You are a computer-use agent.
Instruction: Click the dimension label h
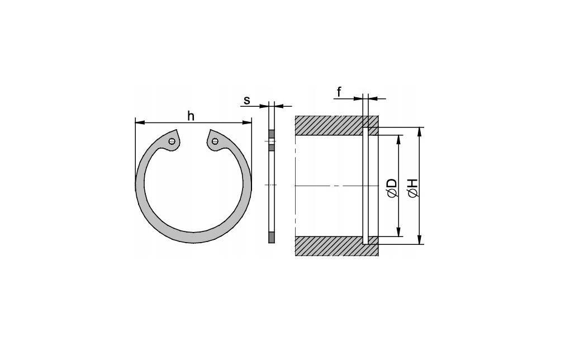coord(191,116)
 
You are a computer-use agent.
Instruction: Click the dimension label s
coord(247,100)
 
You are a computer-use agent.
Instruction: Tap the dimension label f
coord(339,92)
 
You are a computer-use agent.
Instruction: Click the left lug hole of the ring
coord(172,141)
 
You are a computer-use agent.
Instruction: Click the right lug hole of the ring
coord(215,141)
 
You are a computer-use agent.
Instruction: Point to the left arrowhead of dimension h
coord(140,122)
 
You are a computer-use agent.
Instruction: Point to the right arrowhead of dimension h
coord(247,122)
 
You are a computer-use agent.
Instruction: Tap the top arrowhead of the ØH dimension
coord(419,132)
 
